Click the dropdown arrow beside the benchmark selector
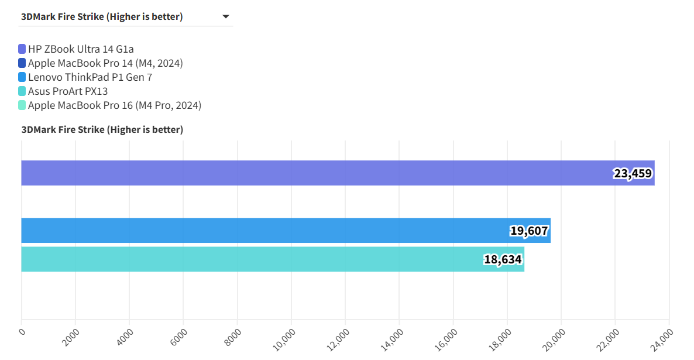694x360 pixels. point(226,17)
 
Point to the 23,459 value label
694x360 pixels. point(633,173)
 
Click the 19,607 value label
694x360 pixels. point(529,231)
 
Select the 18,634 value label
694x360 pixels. point(503,259)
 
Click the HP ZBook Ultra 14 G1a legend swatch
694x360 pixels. point(22,49)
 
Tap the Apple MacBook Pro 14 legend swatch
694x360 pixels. point(22,63)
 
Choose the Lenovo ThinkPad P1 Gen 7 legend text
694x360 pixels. point(90,77)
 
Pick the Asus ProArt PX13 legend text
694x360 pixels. point(68,91)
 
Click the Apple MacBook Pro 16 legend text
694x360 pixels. point(115,105)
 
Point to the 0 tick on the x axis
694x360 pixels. point(22,331)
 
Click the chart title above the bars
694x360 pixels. point(102,129)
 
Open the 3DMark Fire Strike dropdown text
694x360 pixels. point(102,17)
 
